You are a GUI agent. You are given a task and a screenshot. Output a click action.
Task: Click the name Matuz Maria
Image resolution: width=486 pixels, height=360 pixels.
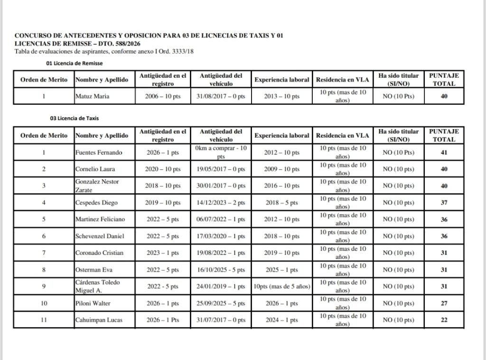[x=93, y=97]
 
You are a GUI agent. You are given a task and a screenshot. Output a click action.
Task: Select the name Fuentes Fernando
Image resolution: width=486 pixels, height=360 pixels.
[x=99, y=153]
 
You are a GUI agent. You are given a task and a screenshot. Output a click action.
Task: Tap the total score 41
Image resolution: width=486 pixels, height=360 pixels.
[x=444, y=153]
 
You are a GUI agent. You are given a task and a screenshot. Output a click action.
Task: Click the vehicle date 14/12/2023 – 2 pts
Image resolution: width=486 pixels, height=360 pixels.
[x=221, y=203]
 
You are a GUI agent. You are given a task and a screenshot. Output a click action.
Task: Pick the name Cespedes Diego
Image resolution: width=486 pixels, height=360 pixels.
[x=97, y=203]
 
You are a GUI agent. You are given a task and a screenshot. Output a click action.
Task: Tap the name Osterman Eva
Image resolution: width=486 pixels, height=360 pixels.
[x=94, y=270]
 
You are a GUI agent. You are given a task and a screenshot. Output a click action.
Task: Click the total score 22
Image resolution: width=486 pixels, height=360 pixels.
[x=444, y=320]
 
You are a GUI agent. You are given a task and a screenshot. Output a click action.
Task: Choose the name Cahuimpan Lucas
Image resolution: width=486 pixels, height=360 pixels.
[x=99, y=320]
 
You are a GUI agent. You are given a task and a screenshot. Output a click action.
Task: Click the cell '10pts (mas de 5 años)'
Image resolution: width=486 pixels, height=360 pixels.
[x=281, y=286]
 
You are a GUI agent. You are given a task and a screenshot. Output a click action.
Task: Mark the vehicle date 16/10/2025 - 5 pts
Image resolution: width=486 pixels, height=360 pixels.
[x=221, y=270]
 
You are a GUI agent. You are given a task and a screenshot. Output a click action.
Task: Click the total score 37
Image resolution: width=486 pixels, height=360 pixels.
[x=444, y=203]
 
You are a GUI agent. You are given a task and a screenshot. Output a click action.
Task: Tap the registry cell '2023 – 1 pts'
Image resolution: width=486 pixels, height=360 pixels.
[x=163, y=253]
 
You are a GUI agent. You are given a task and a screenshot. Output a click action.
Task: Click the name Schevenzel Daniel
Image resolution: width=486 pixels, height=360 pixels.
[x=99, y=236]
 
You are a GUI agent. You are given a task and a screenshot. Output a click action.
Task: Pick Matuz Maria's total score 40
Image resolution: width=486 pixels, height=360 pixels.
[x=444, y=97]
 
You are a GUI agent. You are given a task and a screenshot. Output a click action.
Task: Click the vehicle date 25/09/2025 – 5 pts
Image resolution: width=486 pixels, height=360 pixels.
[x=221, y=304]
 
